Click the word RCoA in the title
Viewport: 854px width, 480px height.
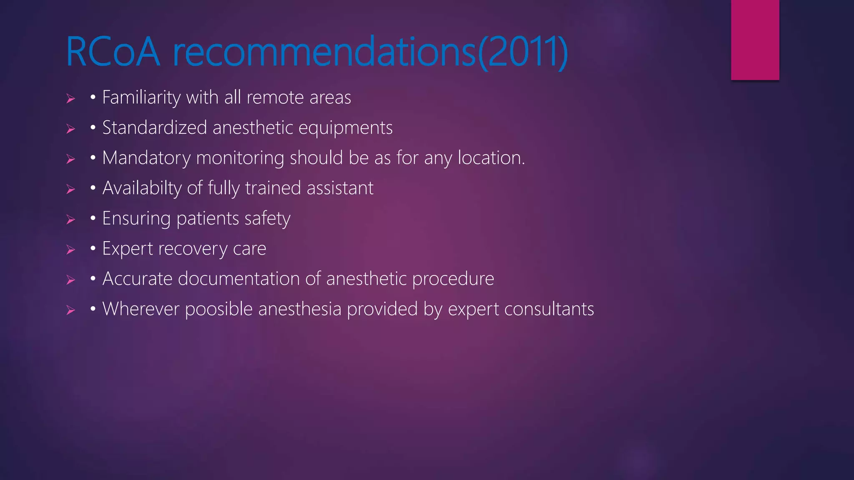(x=113, y=52)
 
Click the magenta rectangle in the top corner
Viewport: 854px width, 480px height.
(x=755, y=40)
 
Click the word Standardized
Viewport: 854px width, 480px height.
(x=155, y=127)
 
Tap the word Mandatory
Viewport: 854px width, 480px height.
(x=146, y=158)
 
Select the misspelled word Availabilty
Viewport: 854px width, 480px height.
(x=142, y=188)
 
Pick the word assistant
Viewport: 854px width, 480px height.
(x=340, y=188)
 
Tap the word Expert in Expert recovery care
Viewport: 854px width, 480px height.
(x=128, y=249)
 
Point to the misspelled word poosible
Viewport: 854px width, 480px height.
(x=219, y=310)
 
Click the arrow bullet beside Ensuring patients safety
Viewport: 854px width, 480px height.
(x=71, y=219)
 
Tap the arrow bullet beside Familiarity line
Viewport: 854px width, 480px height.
(x=71, y=98)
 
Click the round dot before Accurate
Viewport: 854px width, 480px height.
(x=93, y=278)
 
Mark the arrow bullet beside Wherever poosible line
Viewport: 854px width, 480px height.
(x=71, y=310)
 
